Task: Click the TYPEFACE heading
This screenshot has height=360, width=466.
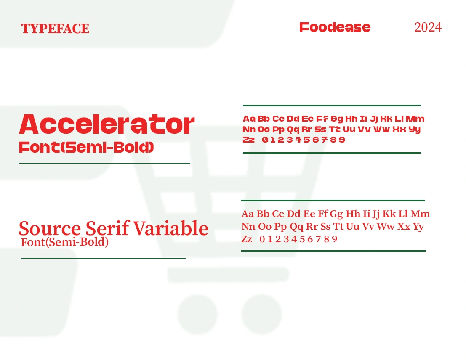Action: pyautogui.click(x=55, y=29)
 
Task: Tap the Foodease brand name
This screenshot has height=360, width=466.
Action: pyautogui.click(x=335, y=27)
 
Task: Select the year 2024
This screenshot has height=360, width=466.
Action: pyautogui.click(x=428, y=27)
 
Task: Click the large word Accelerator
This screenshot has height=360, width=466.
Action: pyautogui.click(x=107, y=124)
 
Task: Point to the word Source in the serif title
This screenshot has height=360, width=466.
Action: pyautogui.click(x=50, y=228)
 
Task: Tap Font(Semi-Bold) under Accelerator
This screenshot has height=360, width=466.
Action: pyautogui.click(x=86, y=147)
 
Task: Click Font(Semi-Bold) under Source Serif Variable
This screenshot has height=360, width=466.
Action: pyautogui.click(x=64, y=242)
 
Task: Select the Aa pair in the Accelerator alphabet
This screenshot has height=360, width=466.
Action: pyautogui.click(x=249, y=119)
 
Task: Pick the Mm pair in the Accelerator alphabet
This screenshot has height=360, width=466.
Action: pyautogui.click(x=415, y=119)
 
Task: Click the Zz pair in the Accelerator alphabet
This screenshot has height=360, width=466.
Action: pyautogui.click(x=248, y=140)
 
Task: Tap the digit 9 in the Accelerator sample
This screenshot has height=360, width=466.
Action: pyautogui.click(x=342, y=140)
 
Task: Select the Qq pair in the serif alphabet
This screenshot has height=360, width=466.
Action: pyautogui.click(x=296, y=227)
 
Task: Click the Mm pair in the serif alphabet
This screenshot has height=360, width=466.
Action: pyautogui.click(x=420, y=214)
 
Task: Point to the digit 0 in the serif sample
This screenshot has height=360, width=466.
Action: pyautogui.click(x=262, y=239)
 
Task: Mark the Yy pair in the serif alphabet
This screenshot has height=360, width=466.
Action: pyautogui.click(x=418, y=227)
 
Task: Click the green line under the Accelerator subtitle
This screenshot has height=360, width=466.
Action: pyautogui.click(x=104, y=163)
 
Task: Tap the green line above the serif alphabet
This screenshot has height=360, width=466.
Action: pyautogui.click(x=333, y=201)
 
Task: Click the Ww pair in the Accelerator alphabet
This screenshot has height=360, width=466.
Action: pyautogui.click(x=381, y=129)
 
